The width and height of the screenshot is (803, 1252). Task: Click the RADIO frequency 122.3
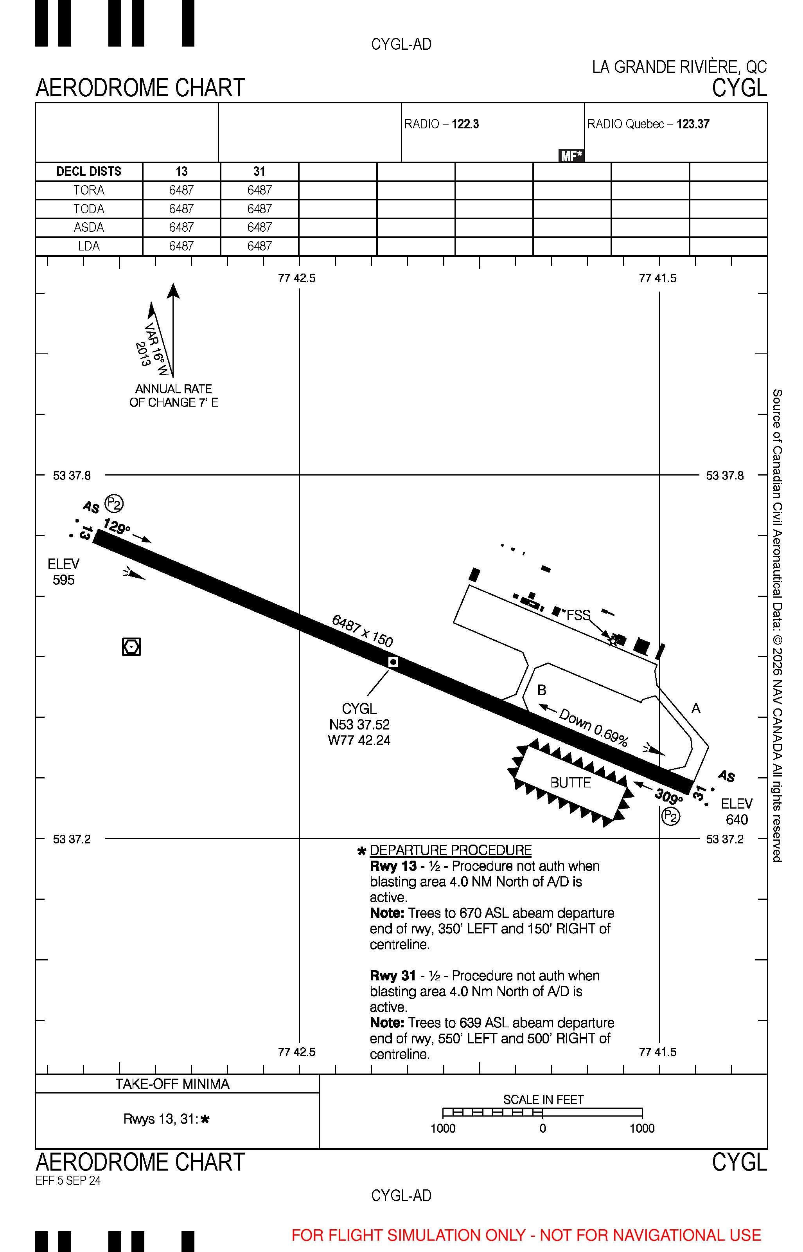pos(465,124)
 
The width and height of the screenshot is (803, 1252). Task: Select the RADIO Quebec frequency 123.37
pos(693,124)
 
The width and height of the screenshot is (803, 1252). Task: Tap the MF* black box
pos(571,155)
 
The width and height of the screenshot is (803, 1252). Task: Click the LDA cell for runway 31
pos(260,246)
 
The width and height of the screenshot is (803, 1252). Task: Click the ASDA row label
pos(89,227)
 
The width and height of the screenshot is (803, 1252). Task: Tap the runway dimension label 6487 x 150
pos(363,630)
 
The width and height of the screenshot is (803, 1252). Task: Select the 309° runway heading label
pos(668,796)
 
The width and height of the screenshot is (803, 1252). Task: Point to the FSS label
pos(578,616)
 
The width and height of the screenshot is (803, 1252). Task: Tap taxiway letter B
pos(542,690)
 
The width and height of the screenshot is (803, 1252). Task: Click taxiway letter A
pos(695,708)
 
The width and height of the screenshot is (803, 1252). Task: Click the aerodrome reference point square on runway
pos(393,662)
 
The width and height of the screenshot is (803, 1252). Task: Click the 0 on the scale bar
pos(543,1128)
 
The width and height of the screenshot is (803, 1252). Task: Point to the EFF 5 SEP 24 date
pos(68,1180)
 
